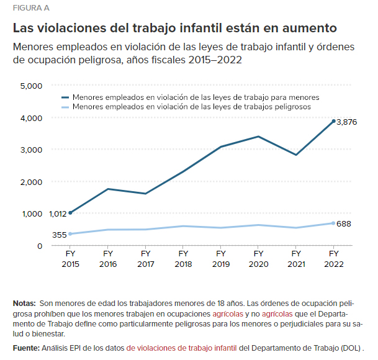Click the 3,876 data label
(x=346, y=123)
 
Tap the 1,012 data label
(x=57, y=214)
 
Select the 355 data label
(x=59, y=235)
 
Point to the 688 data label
(x=344, y=223)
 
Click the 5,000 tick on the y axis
(x=31, y=86)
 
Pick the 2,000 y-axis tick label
(x=31, y=182)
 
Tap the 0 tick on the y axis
(x=39, y=246)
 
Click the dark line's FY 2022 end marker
(x=333, y=121)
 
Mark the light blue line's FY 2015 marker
(x=70, y=234)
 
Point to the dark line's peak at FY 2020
(x=258, y=137)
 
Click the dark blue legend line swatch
(x=65, y=97)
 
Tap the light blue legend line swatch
(x=65, y=107)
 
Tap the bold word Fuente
(x=26, y=348)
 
